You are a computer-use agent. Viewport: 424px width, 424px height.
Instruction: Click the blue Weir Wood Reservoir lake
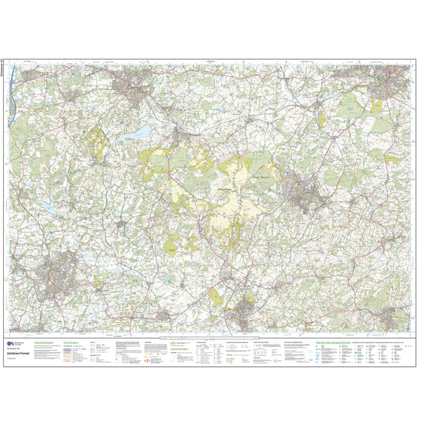tap(140, 133)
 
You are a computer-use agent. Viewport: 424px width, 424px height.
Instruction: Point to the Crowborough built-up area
tap(304, 190)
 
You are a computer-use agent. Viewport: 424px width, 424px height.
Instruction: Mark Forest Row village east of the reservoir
tap(178, 138)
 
